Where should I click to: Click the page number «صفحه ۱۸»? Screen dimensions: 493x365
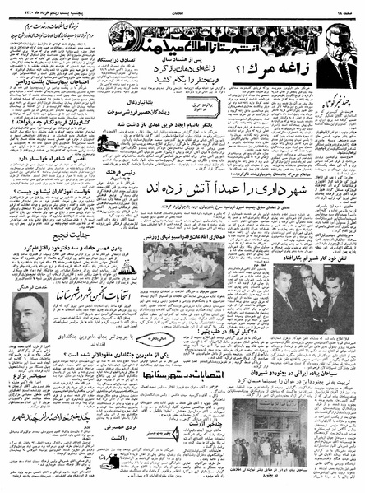(x=344, y=7)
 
